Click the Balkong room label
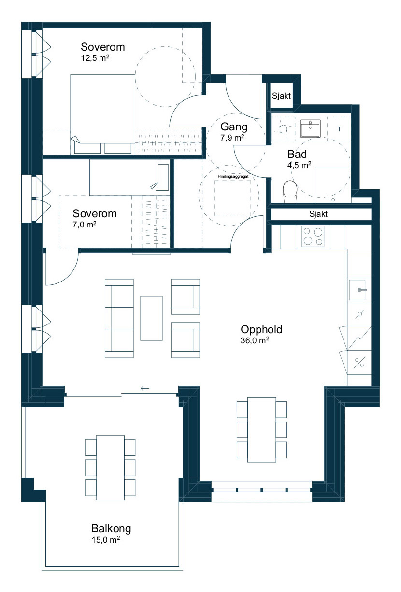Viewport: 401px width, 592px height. click(x=111, y=528)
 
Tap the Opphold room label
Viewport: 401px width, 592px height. click(x=261, y=329)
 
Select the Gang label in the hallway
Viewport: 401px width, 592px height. click(x=234, y=127)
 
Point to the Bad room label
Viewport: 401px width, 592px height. click(x=297, y=154)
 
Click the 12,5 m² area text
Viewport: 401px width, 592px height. click(x=95, y=58)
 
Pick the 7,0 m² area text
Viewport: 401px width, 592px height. click(x=85, y=225)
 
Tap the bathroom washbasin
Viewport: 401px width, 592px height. click(x=310, y=128)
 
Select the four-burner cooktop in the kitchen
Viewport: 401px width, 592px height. click(x=313, y=237)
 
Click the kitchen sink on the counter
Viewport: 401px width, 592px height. click(x=357, y=290)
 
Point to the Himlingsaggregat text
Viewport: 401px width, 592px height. click(x=233, y=176)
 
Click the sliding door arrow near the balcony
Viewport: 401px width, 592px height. click(x=144, y=388)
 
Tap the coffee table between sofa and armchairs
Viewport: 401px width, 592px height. click(x=151, y=318)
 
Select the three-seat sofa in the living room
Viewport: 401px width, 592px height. click(x=119, y=318)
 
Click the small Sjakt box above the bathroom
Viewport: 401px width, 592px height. click(x=282, y=96)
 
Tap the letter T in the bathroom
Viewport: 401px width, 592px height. click(x=339, y=129)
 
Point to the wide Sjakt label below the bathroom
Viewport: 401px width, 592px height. click(x=318, y=214)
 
